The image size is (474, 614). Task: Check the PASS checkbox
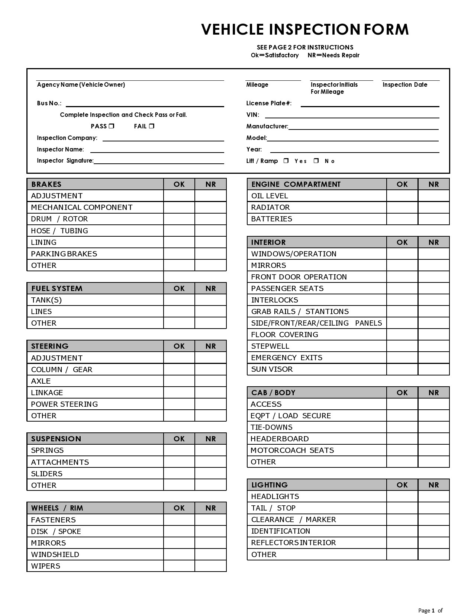[112, 126]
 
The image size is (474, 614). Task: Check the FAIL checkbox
[152, 126]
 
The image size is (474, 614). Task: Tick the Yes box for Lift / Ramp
[286, 161]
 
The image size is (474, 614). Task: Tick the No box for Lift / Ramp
[316, 161]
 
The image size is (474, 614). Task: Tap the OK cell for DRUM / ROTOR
[179, 219]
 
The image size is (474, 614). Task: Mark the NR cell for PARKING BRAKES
[210, 254]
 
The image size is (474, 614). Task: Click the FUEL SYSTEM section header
[57, 288]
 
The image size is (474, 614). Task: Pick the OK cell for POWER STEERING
[179, 404]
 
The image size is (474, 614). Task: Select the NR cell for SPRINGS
[210, 450]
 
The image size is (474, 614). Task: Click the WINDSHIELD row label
[55, 554]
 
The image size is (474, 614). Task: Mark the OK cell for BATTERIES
[402, 219]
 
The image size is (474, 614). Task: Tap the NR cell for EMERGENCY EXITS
[433, 358]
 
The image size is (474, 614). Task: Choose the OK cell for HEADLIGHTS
[402, 496]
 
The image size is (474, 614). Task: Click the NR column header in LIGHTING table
[433, 485]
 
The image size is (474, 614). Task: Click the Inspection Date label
[405, 85]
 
